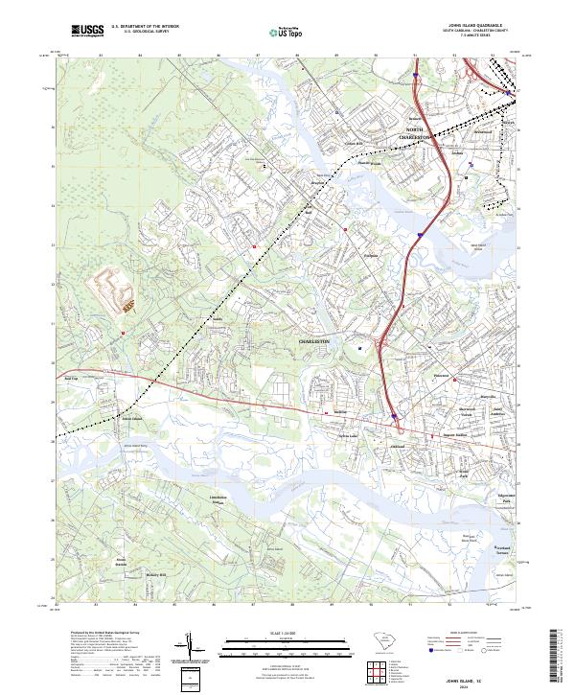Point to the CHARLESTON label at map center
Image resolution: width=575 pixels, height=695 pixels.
(x=313, y=341)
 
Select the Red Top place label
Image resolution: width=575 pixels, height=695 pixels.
(x=70, y=379)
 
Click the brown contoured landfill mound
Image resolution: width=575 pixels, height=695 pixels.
(x=113, y=289)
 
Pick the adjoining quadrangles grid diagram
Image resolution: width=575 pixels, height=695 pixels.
(x=381, y=671)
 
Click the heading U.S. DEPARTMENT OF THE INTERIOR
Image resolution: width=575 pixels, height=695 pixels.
(x=145, y=27)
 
